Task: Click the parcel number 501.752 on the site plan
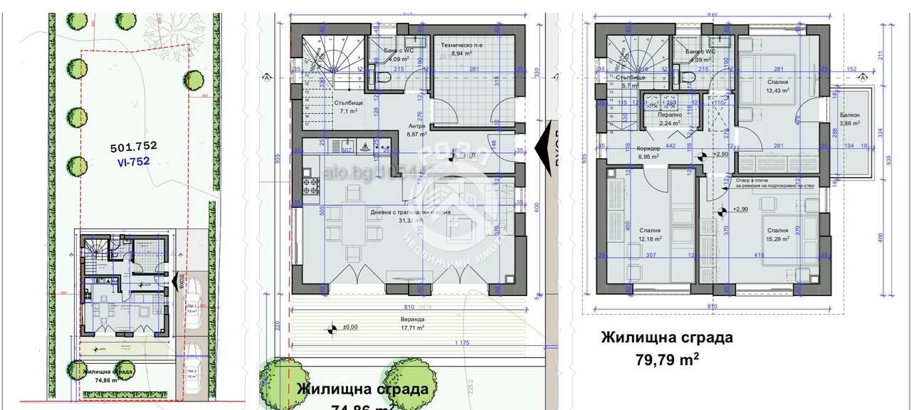pyautogui.click(x=133, y=147)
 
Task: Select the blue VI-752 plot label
pyautogui.click(x=133, y=161)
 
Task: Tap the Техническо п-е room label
pyautogui.click(x=461, y=48)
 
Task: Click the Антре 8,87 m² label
pyautogui.click(x=416, y=130)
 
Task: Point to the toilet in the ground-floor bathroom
pyautogui.click(x=381, y=77)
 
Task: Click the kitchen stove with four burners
pyautogui.click(x=311, y=187)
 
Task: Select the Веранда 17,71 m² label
pyautogui.click(x=412, y=324)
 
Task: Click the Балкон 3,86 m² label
pyautogui.click(x=850, y=119)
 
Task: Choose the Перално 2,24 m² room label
pyautogui.click(x=670, y=118)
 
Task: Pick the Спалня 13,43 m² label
pyautogui.click(x=777, y=86)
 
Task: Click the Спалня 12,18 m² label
pyautogui.click(x=649, y=235)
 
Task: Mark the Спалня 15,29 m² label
pyautogui.click(x=777, y=235)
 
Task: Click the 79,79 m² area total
pyautogui.click(x=666, y=359)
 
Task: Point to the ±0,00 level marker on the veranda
pyautogui.click(x=331, y=329)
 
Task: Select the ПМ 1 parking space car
pyautogui.click(x=191, y=300)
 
